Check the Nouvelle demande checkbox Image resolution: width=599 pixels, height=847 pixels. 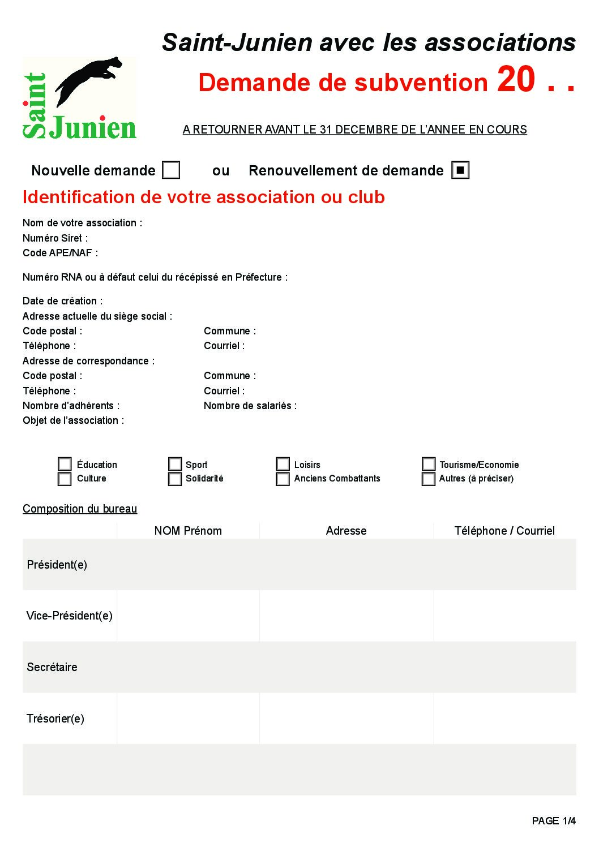pyautogui.click(x=171, y=170)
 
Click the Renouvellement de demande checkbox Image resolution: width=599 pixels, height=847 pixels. pyautogui.click(x=460, y=170)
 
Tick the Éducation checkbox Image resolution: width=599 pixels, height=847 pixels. pyautogui.click(x=65, y=465)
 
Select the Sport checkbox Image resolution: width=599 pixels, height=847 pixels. pyautogui.click(x=175, y=465)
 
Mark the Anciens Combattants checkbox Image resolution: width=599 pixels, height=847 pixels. pyautogui.click(x=283, y=479)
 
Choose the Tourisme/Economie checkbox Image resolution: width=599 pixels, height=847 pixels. pyautogui.click(x=429, y=465)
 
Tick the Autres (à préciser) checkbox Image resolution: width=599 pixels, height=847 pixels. pyautogui.click(x=429, y=479)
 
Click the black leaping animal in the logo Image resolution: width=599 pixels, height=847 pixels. pyautogui.click(x=91, y=79)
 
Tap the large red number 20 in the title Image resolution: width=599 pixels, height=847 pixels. pyautogui.click(x=516, y=79)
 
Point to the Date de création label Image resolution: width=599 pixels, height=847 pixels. pyautogui.click(x=62, y=301)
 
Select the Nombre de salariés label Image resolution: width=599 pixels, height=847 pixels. pyautogui.click(x=250, y=406)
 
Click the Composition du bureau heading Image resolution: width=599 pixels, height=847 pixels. pyautogui.click(x=80, y=509)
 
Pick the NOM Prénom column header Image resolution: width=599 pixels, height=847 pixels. pyautogui.click(x=188, y=531)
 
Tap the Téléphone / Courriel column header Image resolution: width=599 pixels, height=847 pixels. pyautogui.click(x=504, y=531)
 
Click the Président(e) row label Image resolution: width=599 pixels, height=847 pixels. pyautogui.click(x=57, y=565)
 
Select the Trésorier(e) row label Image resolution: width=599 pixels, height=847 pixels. pyautogui.click(x=55, y=719)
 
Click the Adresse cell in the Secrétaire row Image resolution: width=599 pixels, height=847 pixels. pyautogui.click(x=346, y=667)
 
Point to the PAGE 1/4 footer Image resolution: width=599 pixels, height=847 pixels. pyautogui.click(x=554, y=821)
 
